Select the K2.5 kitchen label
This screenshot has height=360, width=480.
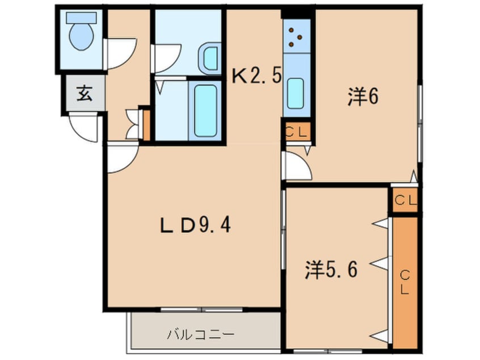tap(257, 76)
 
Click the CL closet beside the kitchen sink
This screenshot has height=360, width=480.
tap(296, 133)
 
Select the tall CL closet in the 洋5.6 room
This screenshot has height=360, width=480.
tap(405, 282)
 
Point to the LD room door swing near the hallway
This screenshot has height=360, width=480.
tap(121, 157)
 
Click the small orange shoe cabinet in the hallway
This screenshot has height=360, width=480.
tap(145, 124)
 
